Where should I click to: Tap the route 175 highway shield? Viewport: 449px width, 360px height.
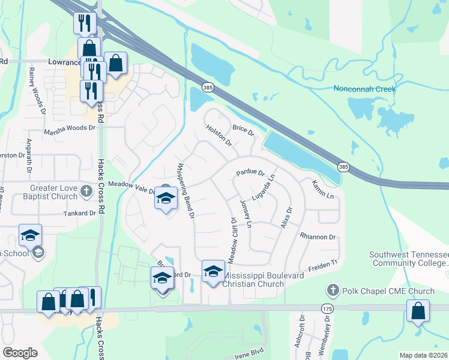pyautogui.click(x=327, y=308)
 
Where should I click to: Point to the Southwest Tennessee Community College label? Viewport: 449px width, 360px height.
pyautogui.click(x=408, y=259)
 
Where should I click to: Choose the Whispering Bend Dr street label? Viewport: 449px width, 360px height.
pyautogui.click(x=185, y=190)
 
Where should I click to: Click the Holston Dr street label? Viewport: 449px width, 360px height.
pyautogui.click(x=218, y=134)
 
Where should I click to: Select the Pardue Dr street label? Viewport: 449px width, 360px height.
pyautogui.click(x=250, y=173)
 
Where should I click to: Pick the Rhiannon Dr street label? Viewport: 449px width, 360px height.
pyautogui.click(x=318, y=237)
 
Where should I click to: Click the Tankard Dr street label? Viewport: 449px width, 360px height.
pyautogui.click(x=80, y=213)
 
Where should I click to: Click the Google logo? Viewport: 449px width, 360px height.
pyautogui.click(x=20, y=353)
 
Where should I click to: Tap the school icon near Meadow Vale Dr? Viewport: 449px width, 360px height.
pyautogui.click(x=166, y=199)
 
